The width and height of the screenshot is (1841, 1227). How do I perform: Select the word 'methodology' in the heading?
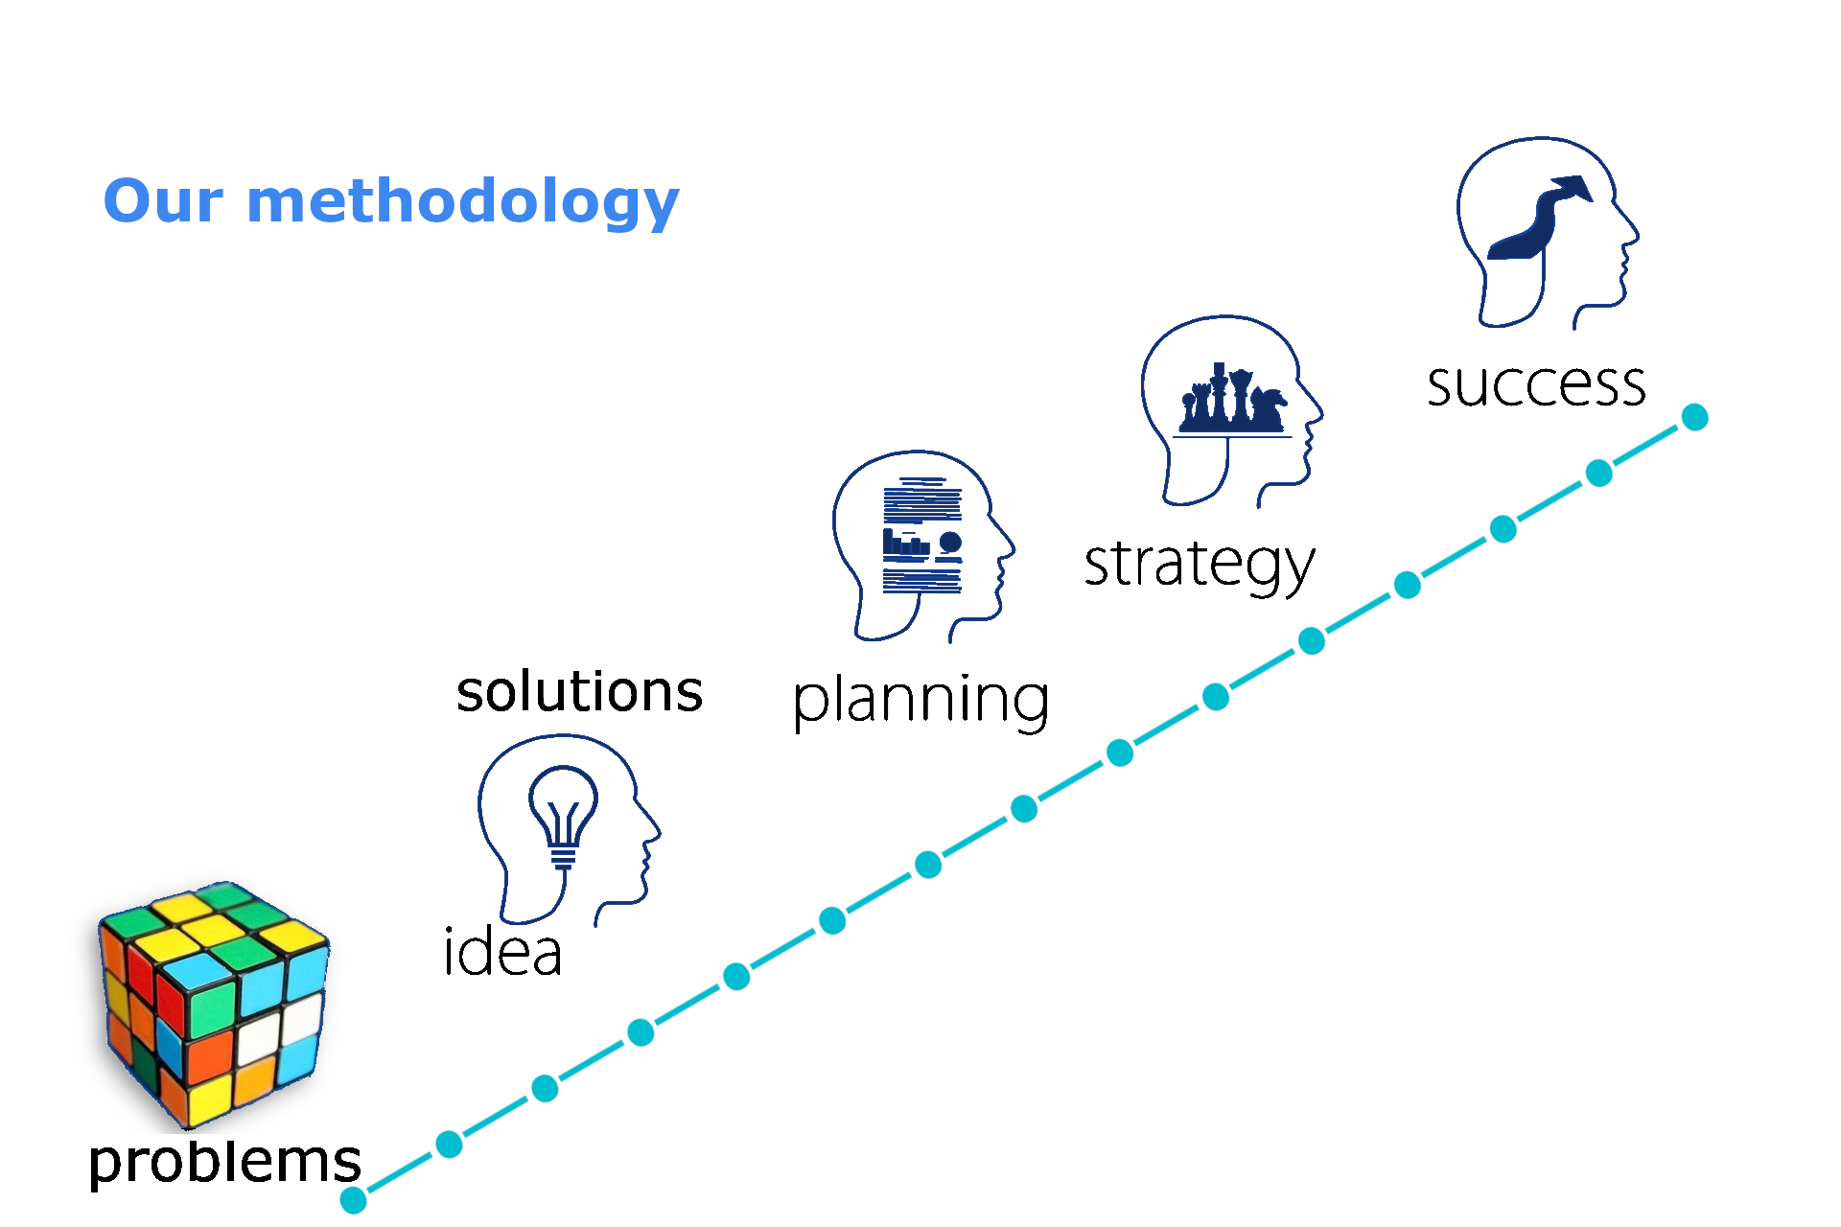click(x=463, y=204)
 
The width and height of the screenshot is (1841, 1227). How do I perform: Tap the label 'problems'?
click(x=224, y=1162)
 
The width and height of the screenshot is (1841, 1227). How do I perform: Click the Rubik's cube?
click(x=214, y=1004)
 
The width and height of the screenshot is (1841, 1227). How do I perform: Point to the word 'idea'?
click(x=502, y=952)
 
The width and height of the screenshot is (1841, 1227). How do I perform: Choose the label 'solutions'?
click(x=579, y=691)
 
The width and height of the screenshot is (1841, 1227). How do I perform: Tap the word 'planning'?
click(x=920, y=701)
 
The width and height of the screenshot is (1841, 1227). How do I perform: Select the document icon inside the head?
click(x=922, y=535)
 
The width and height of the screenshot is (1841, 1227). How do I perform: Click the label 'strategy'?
click(x=1200, y=565)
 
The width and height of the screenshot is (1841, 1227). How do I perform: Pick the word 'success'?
click(x=1536, y=385)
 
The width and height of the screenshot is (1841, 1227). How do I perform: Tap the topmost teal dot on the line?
click(x=1695, y=417)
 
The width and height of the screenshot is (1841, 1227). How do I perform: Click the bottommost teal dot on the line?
click(x=354, y=1199)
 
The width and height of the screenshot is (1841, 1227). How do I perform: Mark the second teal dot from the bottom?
click(x=449, y=1144)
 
